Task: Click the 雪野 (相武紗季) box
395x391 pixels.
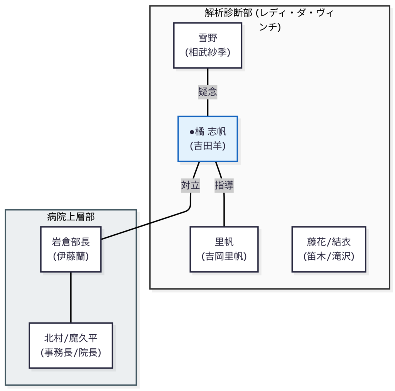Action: click(x=208, y=45)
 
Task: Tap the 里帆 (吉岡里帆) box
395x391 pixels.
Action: click(x=224, y=249)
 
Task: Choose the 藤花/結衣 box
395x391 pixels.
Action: click(x=329, y=249)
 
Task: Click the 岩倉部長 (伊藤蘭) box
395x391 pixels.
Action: click(x=71, y=249)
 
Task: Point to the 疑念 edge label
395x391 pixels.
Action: click(x=208, y=92)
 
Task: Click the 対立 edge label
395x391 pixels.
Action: click(x=191, y=185)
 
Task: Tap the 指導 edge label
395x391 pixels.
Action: click(x=224, y=185)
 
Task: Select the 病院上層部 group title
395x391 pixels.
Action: click(x=71, y=217)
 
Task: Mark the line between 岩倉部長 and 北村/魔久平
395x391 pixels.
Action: click(x=71, y=297)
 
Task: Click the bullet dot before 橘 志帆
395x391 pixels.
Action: click(x=192, y=132)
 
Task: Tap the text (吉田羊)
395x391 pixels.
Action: click(x=208, y=146)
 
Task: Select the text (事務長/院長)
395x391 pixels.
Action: click(x=71, y=352)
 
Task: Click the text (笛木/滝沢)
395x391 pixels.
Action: click(x=329, y=256)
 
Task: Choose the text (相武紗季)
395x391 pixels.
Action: click(x=208, y=53)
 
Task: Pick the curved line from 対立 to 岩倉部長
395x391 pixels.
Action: click(x=147, y=224)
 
